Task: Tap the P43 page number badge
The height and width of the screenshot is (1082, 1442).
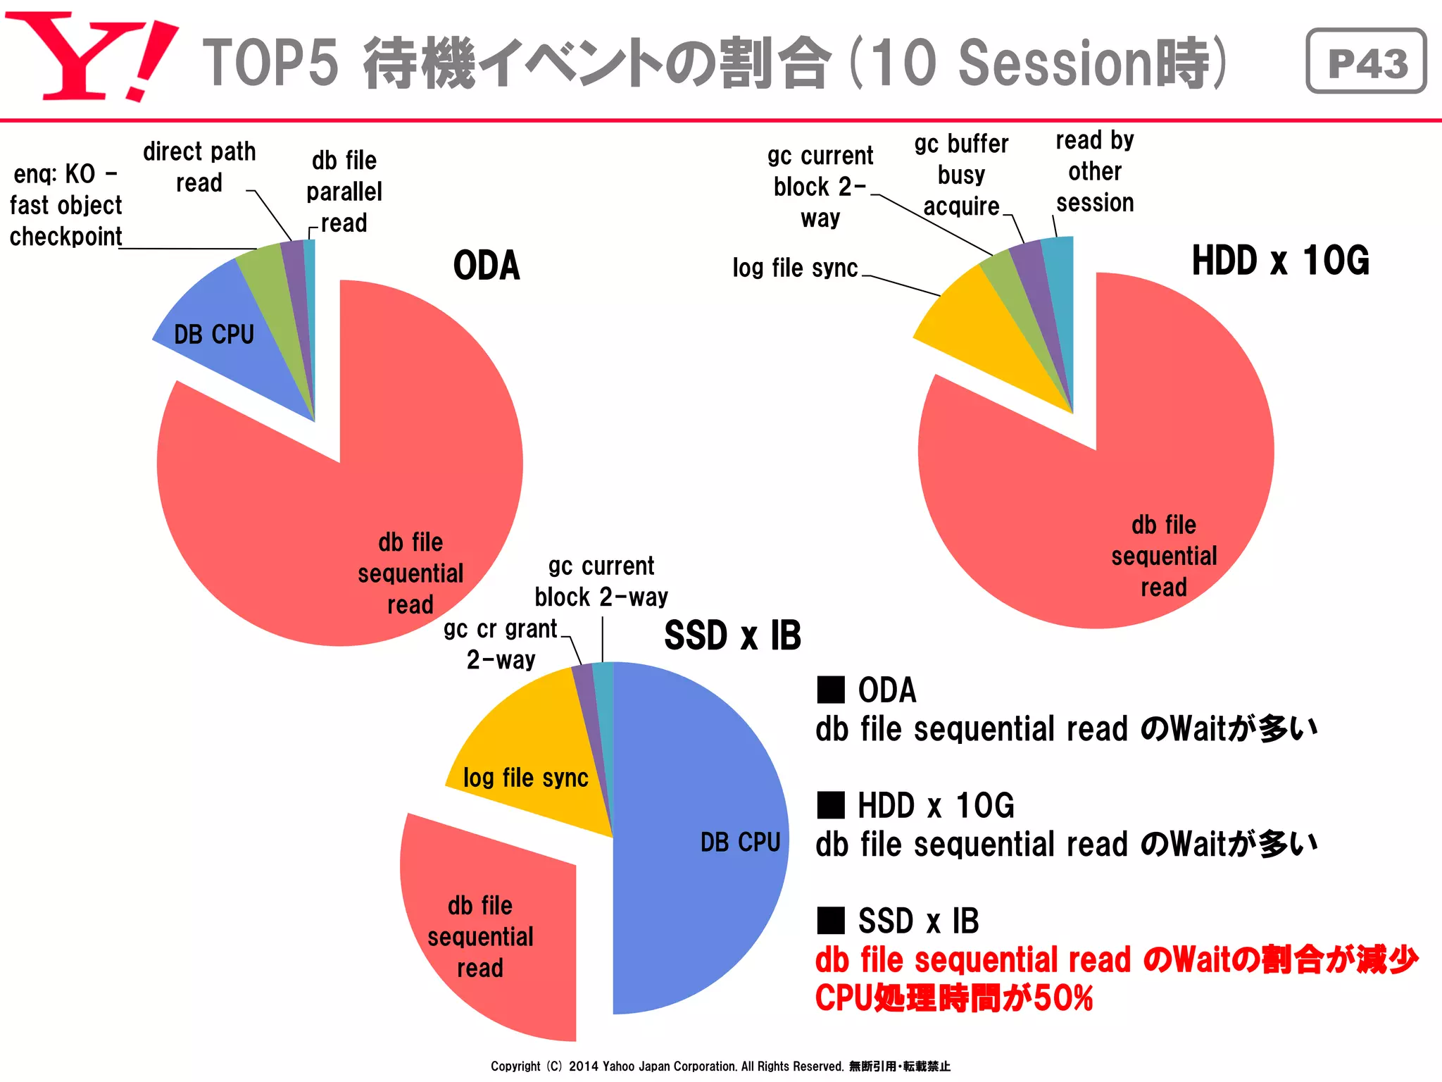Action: pyautogui.click(x=1366, y=61)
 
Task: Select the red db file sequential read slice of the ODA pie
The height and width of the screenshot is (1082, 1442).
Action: pyautogui.click(x=338, y=507)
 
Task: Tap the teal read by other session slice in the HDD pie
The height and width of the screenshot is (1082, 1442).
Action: pyautogui.click(x=1060, y=282)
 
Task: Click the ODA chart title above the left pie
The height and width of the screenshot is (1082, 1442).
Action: pyautogui.click(x=487, y=266)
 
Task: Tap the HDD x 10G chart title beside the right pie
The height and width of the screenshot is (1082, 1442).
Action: pyautogui.click(x=1280, y=261)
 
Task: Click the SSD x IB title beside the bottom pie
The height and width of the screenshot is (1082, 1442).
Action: pyautogui.click(x=732, y=635)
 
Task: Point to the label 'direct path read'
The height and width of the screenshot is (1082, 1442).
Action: pyautogui.click(x=199, y=167)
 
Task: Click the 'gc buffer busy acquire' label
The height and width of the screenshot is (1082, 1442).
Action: pyautogui.click(x=961, y=175)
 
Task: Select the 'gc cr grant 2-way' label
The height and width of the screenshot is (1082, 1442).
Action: pyautogui.click(x=501, y=644)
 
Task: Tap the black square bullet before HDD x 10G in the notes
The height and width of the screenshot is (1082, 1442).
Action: pyautogui.click(x=831, y=804)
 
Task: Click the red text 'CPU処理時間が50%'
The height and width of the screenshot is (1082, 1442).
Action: pyautogui.click(x=954, y=998)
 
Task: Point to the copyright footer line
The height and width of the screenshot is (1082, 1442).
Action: pyautogui.click(x=720, y=1066)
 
